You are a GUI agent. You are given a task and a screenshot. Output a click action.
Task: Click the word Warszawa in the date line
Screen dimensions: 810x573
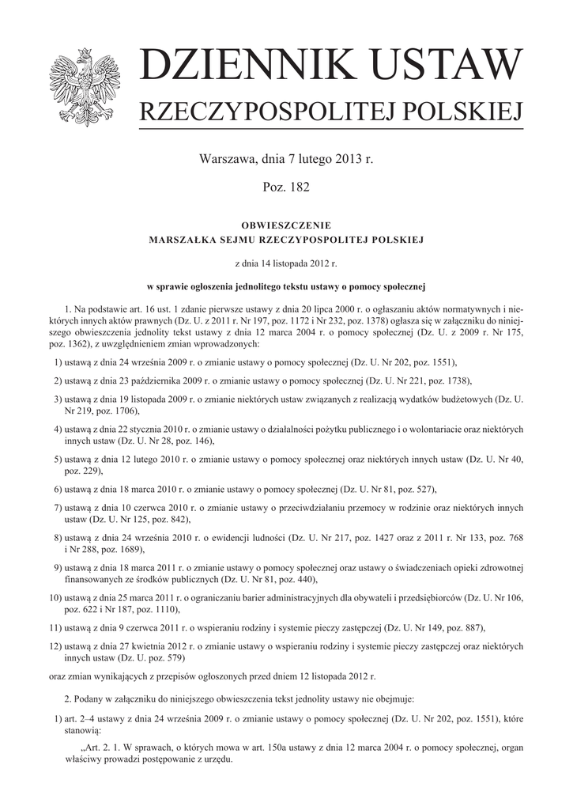[x=228, y=159]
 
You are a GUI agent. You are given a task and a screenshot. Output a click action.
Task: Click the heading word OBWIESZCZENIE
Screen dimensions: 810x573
[x=286, y=225]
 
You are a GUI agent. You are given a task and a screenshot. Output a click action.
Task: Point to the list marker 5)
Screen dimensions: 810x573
[x=58, y=459]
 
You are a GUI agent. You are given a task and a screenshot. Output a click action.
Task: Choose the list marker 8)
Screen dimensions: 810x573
[x=58, y=538]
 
